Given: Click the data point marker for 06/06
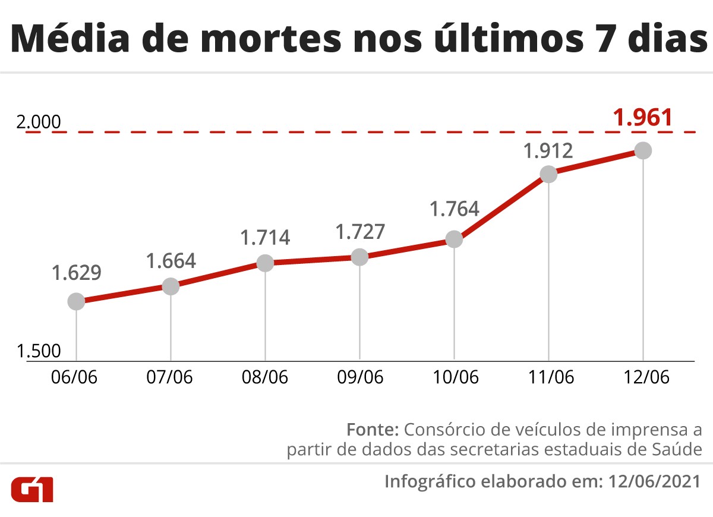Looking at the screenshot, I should coord(76,301).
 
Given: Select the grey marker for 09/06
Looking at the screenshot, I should coord(359,257).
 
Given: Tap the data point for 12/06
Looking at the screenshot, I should coord(643,150).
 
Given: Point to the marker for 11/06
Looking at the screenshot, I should coord(548,174).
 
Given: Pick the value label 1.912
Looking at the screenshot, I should coord(548,150).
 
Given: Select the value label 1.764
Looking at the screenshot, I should coord(454,209).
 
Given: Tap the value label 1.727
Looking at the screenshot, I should coord(360,231).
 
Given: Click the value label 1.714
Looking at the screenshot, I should coord(265,237).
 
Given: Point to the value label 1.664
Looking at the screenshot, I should coord(171,261).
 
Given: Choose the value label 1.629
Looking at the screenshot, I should coord(76,273).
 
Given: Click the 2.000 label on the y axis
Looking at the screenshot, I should coord(39,123).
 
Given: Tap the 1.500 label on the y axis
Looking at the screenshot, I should coord(39,351).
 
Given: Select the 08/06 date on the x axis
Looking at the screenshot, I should coord(265,377).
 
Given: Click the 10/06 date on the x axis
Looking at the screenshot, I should coord(454,377).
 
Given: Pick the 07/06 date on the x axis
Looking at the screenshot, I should coord(171,377).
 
